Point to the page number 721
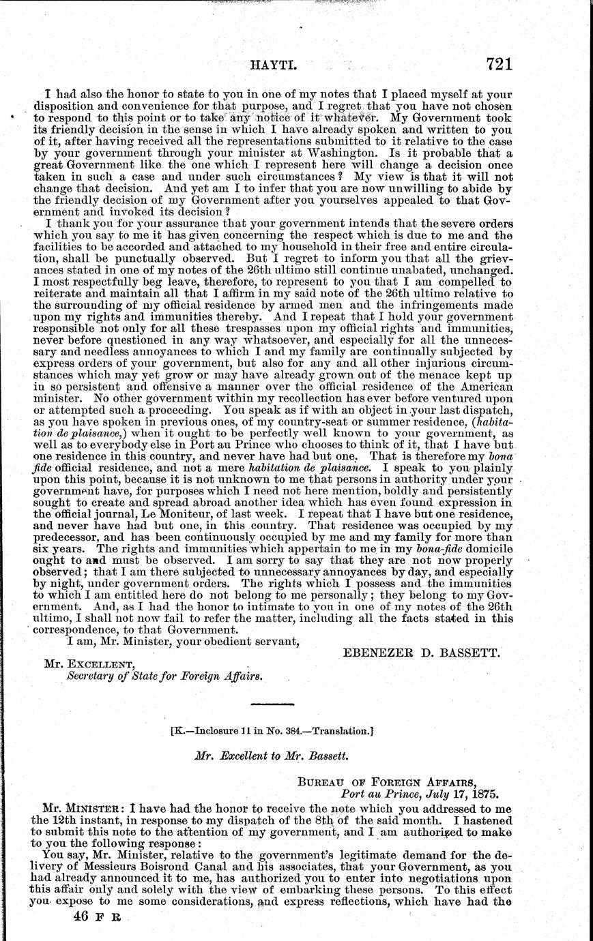[x=499, y=65]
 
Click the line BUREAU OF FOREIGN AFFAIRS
[x=394, y=782]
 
